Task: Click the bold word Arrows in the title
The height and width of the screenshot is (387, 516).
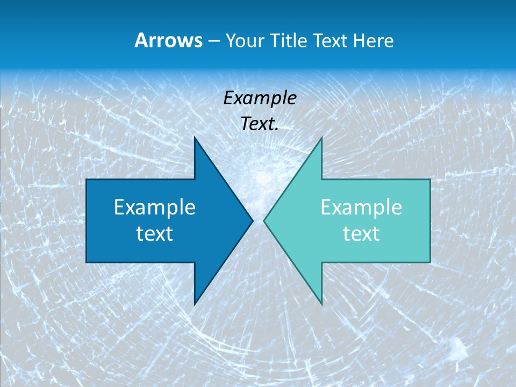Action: coord(168,40)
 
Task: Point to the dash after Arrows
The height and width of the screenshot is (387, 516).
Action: coord(213,41)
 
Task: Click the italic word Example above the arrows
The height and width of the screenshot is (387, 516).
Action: coord(260,98)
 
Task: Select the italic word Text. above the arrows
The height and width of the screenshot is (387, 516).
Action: coord(260,124)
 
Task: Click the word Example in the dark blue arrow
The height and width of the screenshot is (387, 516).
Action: coord(154,207)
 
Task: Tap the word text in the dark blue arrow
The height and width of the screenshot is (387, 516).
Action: coord(154,233)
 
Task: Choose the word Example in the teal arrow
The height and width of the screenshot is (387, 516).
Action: coord(361,207)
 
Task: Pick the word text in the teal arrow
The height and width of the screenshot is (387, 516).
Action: coord(361,233)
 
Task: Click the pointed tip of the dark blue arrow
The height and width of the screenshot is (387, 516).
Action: coord(252,220)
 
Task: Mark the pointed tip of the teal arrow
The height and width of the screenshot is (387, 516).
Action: coord(264,220)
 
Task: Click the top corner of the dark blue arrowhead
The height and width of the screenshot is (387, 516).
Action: coord(195,138)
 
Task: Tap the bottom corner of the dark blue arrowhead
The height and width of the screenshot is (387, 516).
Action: coord(195,304)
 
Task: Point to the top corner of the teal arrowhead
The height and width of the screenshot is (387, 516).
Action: coord(321,138)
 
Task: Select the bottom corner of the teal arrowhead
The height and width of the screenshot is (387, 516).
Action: coord(321,304)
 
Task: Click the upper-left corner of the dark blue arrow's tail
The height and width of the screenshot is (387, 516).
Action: coord(87,180)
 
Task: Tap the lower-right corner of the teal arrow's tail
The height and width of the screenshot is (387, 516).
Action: coord(430,262)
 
